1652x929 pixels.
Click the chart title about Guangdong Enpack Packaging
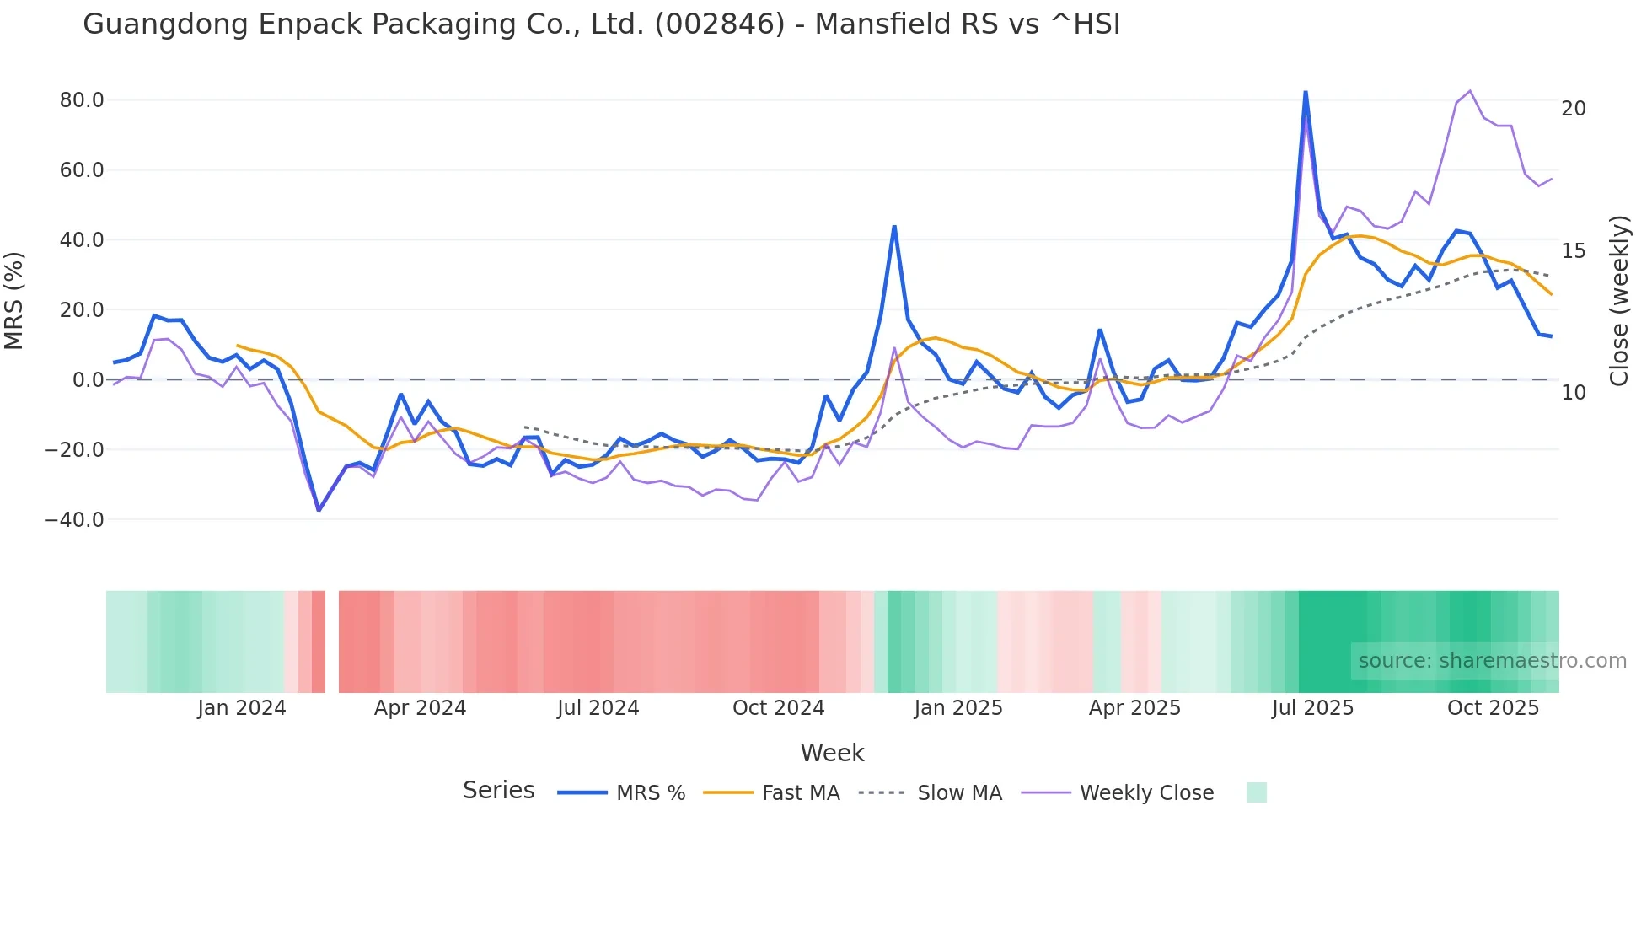(x=601, y=24)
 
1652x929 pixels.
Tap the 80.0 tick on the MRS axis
(x=82, y=100)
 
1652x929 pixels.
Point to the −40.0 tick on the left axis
(x=75, y=520)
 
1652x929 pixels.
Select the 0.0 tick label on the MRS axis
(x=88, y=380)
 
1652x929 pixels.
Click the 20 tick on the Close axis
(x=1573, y=109)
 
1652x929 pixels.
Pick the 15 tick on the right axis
(x=1573, y=251)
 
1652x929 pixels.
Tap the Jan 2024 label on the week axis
(x=242, y=708)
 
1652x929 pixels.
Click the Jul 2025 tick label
(x=1312, y=708)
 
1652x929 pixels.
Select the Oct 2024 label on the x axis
(x=778, y=708)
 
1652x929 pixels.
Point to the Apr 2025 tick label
(x=1134, y=708)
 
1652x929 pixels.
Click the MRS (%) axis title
(x=14, y=301)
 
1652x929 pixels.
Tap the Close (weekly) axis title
(x=1619, y=301)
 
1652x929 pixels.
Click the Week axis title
(x=832, y=753)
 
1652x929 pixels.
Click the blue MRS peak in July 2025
(x=1306, y=92)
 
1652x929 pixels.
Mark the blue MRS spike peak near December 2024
(x=894, y=226)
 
